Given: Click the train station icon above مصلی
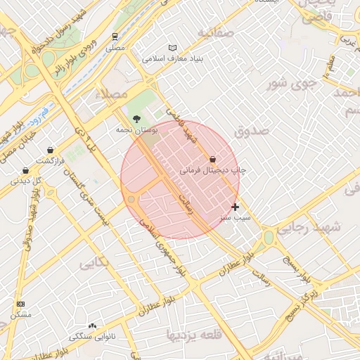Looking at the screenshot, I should coord(115,37).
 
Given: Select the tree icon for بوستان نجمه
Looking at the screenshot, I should coord(136,118).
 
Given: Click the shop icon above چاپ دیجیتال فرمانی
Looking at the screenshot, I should coord(213,159).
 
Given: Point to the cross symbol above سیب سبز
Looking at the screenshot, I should coord(235,207).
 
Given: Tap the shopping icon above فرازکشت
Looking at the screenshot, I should coord(51,150).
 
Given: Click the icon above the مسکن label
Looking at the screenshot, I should coord(20,304).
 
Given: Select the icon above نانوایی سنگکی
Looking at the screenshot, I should coord(92,326).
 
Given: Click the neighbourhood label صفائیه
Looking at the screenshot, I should coord(215,33).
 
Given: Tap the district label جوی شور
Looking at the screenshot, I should coord(288,84).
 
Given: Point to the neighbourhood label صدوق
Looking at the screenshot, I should coord(252,129).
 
